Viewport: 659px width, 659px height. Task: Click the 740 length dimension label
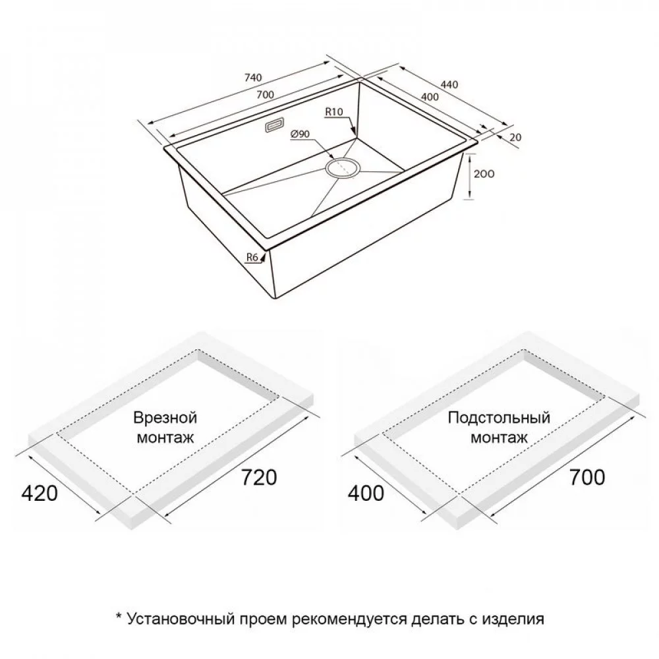(x=253, y=78)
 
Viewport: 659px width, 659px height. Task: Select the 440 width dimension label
(x=449, y=84)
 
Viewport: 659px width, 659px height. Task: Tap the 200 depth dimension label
(x=484, y=173)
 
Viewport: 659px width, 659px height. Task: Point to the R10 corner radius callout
(x=334, y=112)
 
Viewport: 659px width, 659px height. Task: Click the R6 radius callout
(x=252, y=257)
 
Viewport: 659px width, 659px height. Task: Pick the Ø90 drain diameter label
(x=300, y=134)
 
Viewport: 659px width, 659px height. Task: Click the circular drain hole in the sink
(x=343, y=169)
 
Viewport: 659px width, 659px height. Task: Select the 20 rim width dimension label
(x=515, y=138)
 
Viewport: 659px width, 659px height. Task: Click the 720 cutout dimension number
(x=259, y=477)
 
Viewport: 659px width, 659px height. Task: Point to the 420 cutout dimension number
(x=39, y=493)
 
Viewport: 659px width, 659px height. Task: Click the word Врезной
(x=165, y=418)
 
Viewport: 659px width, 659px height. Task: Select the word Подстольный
(x=499, y=418)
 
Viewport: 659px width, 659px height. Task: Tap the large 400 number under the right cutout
(x=366, y=493)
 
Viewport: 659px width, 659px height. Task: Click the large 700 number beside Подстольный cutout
(x=587, y=477)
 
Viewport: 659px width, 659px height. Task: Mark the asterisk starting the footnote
(x=119, y=617)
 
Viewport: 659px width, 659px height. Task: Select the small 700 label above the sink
(x=265, y=95)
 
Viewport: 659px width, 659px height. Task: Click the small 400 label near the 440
(x=430, y=97)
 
